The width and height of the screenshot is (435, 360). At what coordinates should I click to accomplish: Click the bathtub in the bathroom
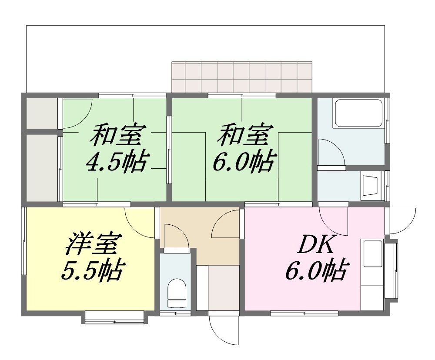[359, 113]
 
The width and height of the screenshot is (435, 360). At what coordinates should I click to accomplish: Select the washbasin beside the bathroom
[370, 186]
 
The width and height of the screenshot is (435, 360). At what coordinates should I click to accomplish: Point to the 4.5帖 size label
[116, 162]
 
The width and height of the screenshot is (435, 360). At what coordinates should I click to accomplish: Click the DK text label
[315, 244]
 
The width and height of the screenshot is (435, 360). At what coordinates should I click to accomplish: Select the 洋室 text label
[91, 244]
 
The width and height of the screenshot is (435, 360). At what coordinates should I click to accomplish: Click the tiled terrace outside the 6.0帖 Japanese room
[242, 77]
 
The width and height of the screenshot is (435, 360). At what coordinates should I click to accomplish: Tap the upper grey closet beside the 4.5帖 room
[42, 113]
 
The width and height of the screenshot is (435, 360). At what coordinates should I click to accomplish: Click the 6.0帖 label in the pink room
[316, 270]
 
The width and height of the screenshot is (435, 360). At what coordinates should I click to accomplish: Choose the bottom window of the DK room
[304, 313]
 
